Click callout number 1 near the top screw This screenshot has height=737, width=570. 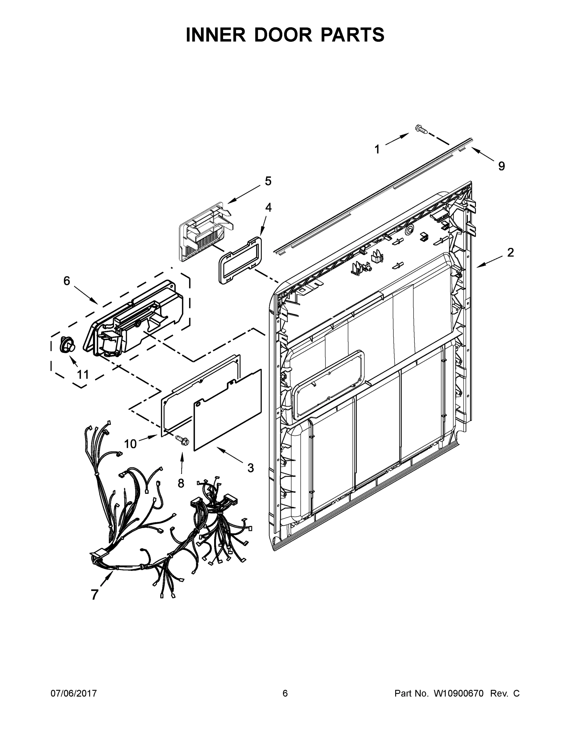(x=377, y=149)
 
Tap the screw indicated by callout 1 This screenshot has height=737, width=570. (x=421, y=129)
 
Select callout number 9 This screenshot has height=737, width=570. (x=501, y=166)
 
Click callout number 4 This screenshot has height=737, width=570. (x=268, y=208)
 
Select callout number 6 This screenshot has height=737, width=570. (x=67, y=281)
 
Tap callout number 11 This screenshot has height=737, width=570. (x=83, y=375)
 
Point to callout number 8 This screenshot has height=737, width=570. (x=181, y=483)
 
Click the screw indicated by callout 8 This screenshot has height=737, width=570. (x=182, y=440)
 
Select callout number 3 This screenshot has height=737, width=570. (x=250, y=468)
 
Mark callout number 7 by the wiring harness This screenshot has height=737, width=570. (x=95, y=595)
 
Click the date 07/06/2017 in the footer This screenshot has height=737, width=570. (x=74, y=693)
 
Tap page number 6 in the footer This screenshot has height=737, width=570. (x=285, y=693)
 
